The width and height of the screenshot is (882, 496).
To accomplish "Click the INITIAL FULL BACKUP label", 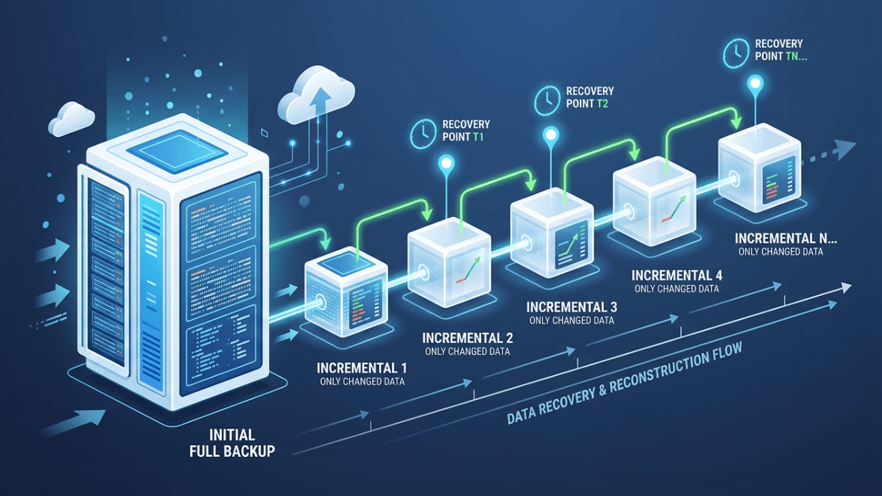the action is pyautogui.click(x=232, y=443).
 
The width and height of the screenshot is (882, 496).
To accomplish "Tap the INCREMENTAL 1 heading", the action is pyautogui.click(x=361, y=368).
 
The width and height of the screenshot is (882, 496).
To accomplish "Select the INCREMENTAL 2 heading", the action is pyautogui.click(x=467, y=338).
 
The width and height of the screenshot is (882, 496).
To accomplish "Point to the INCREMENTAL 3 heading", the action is pyautogui.click(x=572, y=307).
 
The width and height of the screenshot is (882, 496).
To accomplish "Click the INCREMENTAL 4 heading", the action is pyautogui.click(x=677, y=275).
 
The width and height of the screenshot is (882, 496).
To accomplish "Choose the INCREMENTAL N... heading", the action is pyautogui.click(x=786, y=238).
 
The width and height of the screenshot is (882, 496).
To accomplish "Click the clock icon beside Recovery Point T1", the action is pyautogui.click(x=423, y=134).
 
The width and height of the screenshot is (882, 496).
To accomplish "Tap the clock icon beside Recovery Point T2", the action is pyautogui.click(x=547, y=101).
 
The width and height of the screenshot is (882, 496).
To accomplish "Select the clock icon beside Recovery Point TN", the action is pyautogui.click(x=736, y=53).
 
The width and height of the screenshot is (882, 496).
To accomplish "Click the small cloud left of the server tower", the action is pyautogui.click(x=71, y=119).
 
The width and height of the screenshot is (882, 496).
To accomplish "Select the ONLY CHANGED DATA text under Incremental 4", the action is pyautogui.click(x=677, y=289).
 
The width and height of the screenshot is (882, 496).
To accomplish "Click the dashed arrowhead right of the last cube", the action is pyautogui.click(x=846, y=149).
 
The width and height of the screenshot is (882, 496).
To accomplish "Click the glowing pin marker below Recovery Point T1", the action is pyautogui.click(x=447, y=163).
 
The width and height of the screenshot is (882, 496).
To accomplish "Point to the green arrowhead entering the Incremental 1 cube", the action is pyautogui.click(x=326, y=243).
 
